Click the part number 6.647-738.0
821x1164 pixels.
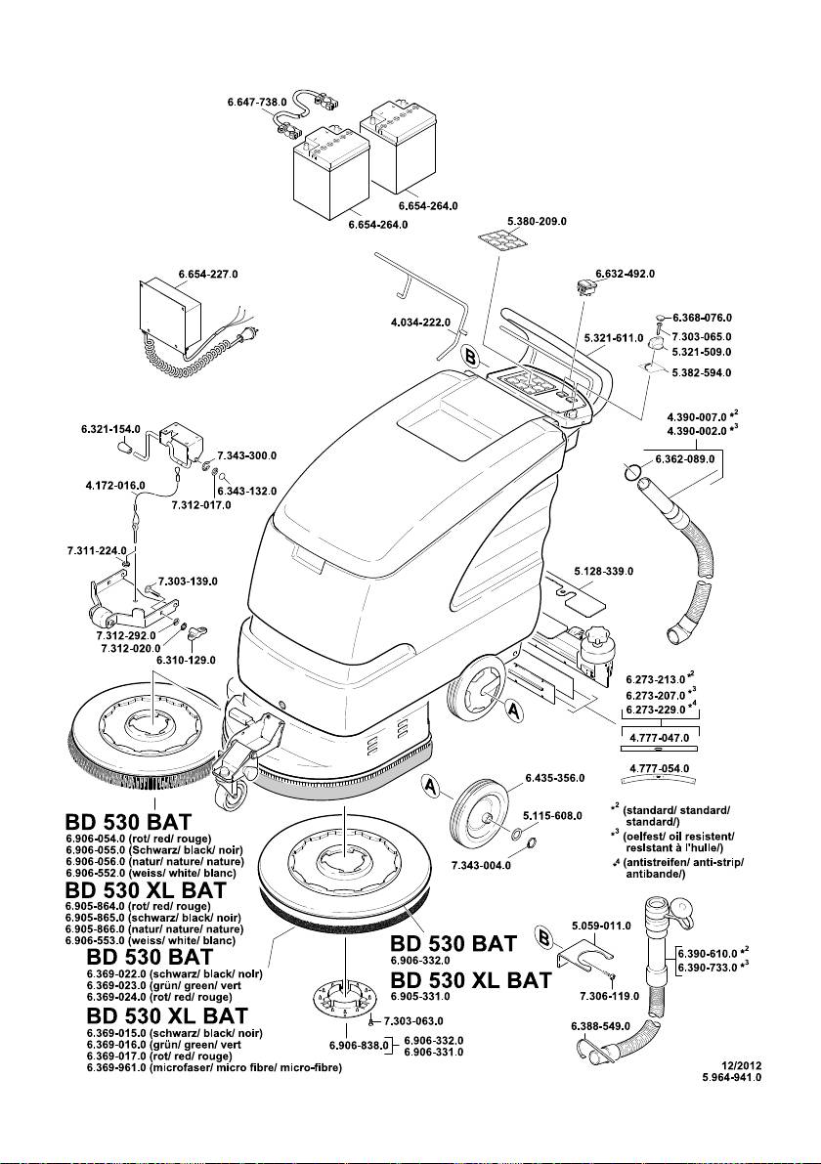click(x=255, y=102)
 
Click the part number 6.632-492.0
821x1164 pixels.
click(x=625, y=273)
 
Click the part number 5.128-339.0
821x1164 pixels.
click(x=603, y=570)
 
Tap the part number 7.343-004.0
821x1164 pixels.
click(x=481, y=866)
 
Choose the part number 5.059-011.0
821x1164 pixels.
click(x=603, y=925)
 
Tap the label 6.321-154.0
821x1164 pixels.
click(x=110, y=429)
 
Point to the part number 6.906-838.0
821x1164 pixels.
click(x=360, y=1046)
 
